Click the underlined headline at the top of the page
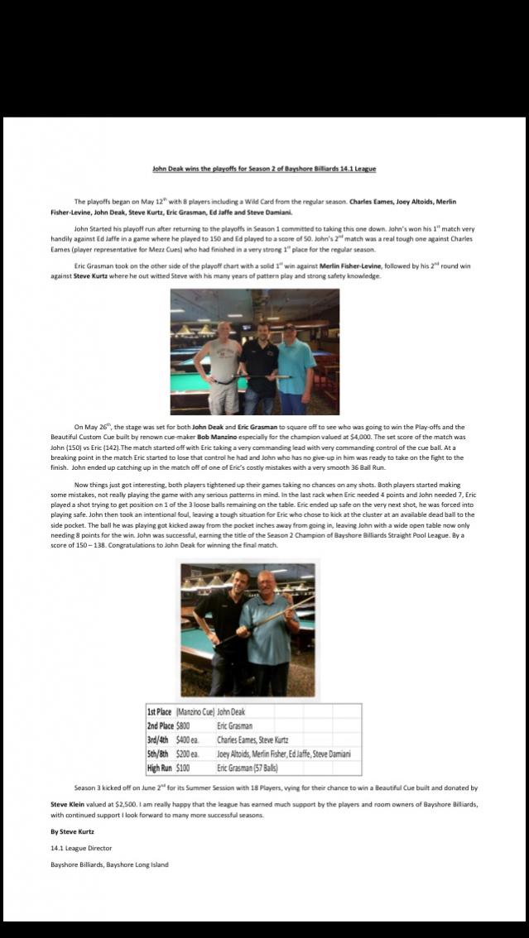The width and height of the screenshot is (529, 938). [264, 169]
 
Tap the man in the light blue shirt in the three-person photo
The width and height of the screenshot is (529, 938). [296, 364]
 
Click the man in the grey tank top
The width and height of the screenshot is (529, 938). [219, 364]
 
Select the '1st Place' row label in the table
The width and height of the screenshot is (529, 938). [160, 711]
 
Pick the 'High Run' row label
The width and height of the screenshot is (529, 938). [160, 768]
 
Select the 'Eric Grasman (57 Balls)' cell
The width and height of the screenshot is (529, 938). [248, 768]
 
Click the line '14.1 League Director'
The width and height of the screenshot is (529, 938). [80, 847]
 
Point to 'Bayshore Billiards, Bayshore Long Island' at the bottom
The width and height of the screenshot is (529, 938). [109, 864]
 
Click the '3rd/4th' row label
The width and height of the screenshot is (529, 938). [160, 739]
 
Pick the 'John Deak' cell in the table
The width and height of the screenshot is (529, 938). [231, 711]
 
